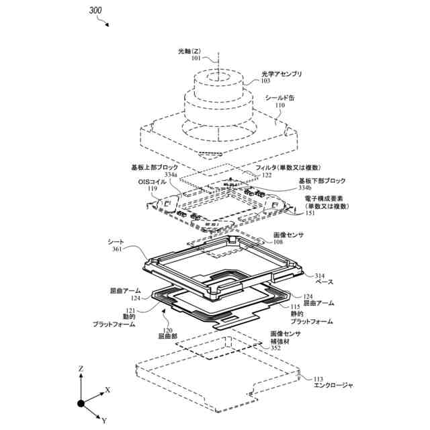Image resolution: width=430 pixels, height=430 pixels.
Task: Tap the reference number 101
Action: tap(196, 58)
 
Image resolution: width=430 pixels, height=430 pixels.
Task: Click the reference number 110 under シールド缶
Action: tap(279, 105)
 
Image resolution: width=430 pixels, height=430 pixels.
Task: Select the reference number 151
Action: tap(310, 214)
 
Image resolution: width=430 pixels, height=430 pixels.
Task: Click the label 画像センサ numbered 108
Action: tap(288, 234)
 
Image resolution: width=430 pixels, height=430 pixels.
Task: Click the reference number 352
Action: tap(275, 348)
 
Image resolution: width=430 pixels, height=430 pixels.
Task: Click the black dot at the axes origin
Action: tap(81, 403)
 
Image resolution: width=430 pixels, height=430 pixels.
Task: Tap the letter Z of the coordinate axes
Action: tap(81, 369)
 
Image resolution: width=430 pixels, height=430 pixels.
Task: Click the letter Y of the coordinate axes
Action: tap(105, 420)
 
